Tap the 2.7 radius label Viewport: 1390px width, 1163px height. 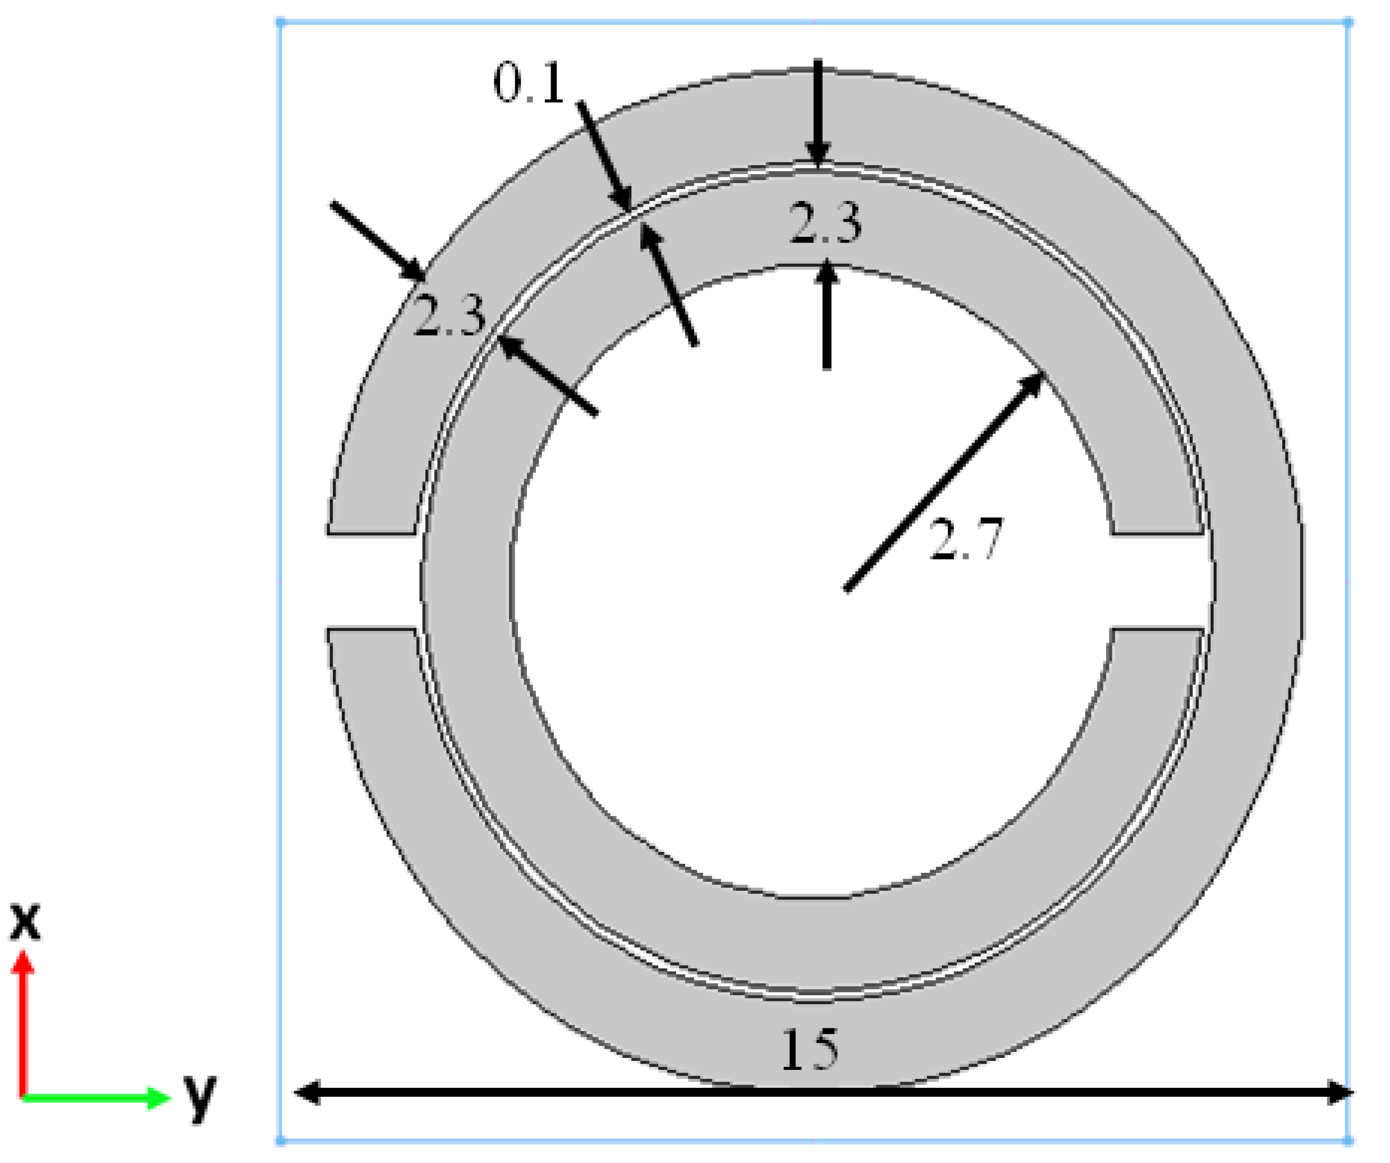[966, 539]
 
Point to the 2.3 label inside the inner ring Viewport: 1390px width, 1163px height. [825, 223]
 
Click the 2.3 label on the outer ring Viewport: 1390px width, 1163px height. [449, 316]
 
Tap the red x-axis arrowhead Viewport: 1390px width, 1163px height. [24, 963]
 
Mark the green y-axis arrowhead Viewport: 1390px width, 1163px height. [159, 1097]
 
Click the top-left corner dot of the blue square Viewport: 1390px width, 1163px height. [280, 22]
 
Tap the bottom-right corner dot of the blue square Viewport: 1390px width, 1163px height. [1348, 1141]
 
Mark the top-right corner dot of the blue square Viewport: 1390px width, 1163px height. [1348, 22]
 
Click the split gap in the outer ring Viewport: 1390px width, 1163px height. [371, 580]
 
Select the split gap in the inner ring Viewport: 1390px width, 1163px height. [1158, 580]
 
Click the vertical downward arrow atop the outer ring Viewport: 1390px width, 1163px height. [818, 112]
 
